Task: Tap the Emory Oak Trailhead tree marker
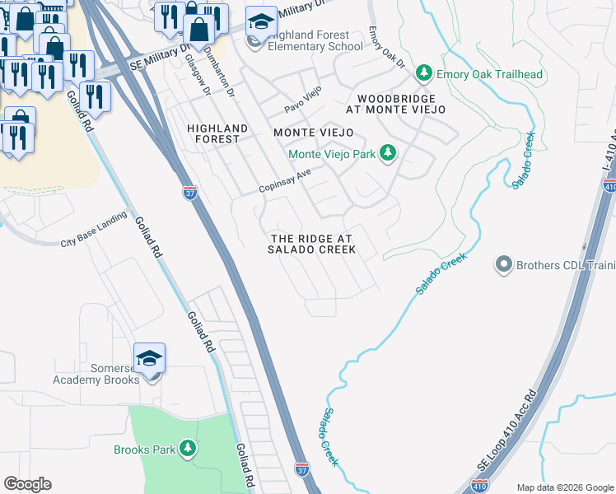(x=425, y=75)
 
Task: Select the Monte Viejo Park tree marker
(x=388, y=154)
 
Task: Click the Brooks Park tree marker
(x=189, y=450)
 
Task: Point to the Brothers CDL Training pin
(x=503, y=265)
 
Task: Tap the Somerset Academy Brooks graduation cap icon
(x=150, y=358)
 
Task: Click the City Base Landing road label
(x=94, y=231)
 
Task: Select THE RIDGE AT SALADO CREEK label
(x=312, y=244)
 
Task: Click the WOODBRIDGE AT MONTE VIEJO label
(x=395, y=103)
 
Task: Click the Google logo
(x=27, y=484)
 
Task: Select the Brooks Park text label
(x=144, y=450)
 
